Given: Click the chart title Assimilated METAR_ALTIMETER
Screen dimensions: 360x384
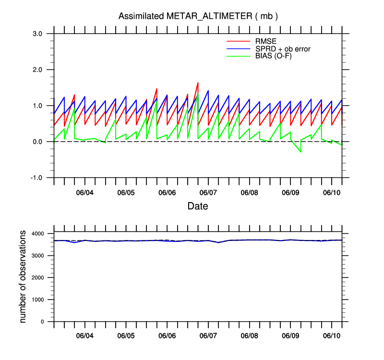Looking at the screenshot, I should click(198, 16).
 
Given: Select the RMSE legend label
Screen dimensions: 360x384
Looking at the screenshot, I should click(265, 41).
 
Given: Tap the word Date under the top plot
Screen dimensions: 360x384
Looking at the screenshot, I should click(198, 206).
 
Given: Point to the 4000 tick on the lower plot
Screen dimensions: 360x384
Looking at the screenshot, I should click(38, 234).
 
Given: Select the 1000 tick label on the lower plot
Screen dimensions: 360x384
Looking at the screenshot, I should click(38, 300).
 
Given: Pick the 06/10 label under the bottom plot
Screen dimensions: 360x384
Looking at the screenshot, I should click(331, 336).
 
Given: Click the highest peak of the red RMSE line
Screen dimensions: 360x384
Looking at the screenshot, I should click(198, 83).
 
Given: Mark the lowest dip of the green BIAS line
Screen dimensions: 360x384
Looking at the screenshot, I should click(301, 152).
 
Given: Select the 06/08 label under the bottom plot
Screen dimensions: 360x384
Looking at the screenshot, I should click(249, 336).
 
